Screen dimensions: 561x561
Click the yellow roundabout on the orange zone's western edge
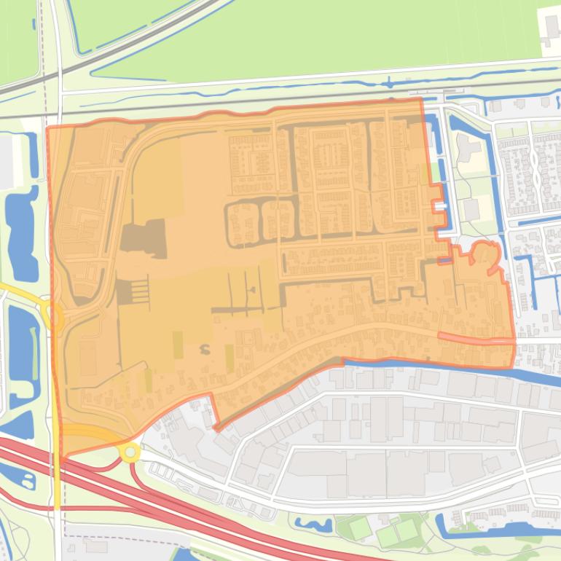coord(53,316)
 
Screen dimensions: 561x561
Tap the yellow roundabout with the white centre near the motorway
coord(130,452)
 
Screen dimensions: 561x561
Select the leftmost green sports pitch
coord(358,527)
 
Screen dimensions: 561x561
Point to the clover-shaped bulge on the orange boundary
coord(484,254)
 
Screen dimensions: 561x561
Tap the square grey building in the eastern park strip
coord(471,210)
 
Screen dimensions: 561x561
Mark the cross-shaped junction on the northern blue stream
coord(390,82)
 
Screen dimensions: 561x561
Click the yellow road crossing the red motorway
coord(57,481)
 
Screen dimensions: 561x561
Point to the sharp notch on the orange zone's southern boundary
coord(216,426)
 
